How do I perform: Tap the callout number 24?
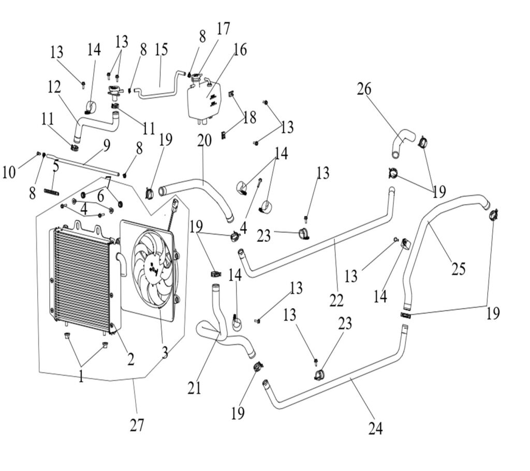coord(375,429)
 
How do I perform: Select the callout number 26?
coord(364,89)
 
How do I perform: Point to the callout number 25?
coord(458,269)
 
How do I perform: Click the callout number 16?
coord(240,50)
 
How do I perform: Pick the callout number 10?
coord(9,172)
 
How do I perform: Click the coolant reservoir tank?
coord(202,101)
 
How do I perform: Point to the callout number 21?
coord(194,387)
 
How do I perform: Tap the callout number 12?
coord(54,87)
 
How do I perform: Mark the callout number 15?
coord(161,50)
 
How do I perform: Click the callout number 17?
coord(223,28)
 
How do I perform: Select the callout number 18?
coord(249,117)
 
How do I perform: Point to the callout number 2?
coord(130,359)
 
